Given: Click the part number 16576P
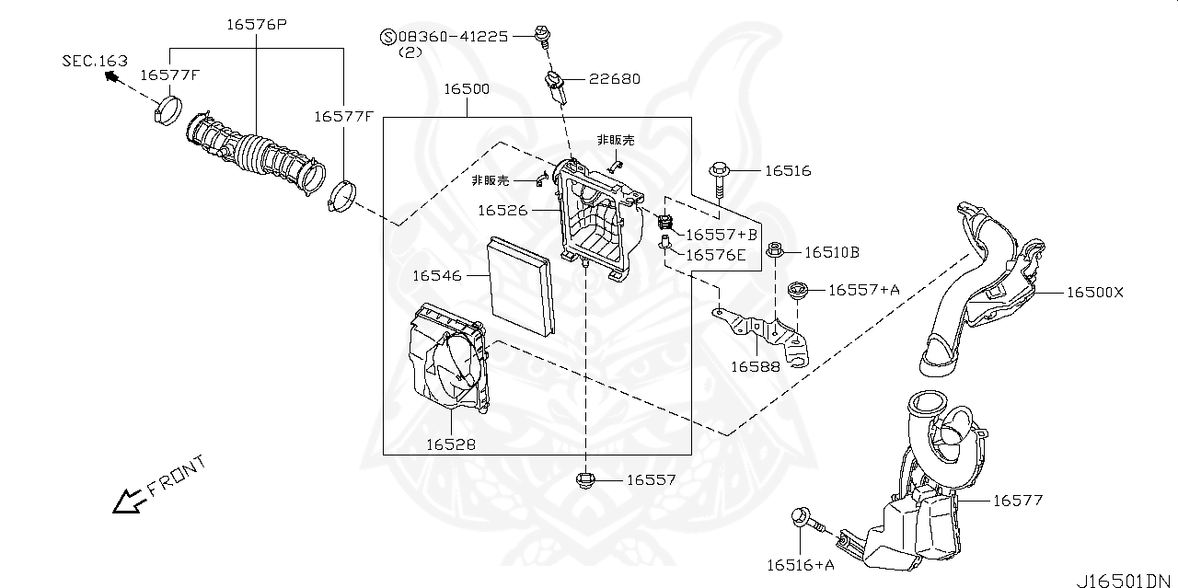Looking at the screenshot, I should click(258, 26).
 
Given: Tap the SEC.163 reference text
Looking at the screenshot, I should click(95, 61).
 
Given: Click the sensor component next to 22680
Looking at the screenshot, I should click(556, 84).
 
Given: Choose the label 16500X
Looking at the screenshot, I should click(1094, 293).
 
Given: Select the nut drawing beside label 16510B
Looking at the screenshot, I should click(775, 250).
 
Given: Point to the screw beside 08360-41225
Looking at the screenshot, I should click(545, 38).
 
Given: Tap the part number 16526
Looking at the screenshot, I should click(502, 211).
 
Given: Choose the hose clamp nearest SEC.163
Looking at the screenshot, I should click(167, 113).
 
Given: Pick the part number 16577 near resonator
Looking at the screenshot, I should click(1017, 501).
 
